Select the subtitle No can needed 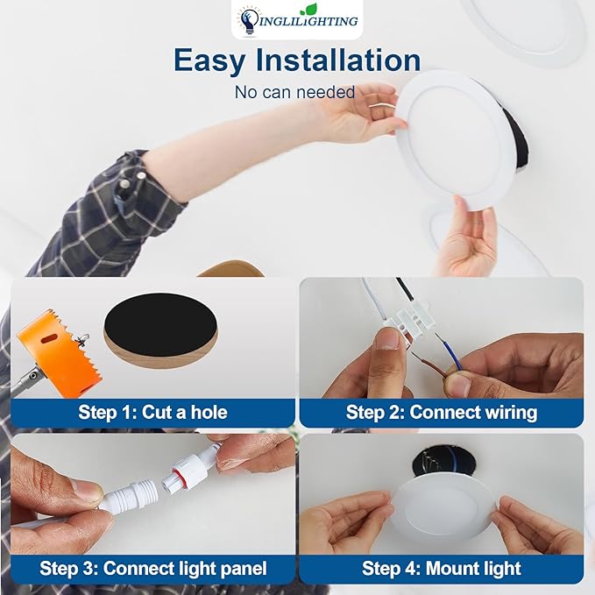click(294, 91)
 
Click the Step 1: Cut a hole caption click(152, 412)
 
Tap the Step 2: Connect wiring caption click(441, 412)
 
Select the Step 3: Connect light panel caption click(152, 568)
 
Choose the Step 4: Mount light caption click(441, 568)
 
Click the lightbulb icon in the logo click(248, 20)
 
